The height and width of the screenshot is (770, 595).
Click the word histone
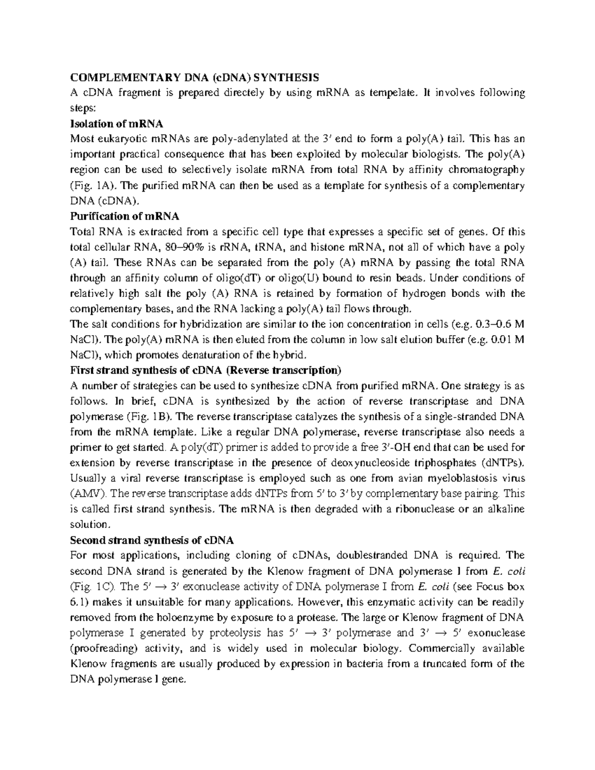tap(321, 247)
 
